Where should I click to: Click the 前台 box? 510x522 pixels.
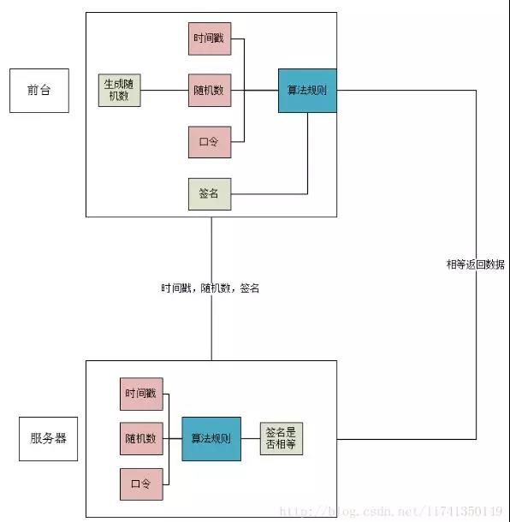tap(39, 91)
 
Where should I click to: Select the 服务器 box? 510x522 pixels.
tap(48, 439)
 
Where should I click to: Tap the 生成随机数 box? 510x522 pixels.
tap(120, 90)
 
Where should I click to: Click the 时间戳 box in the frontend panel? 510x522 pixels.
tap(210, 39)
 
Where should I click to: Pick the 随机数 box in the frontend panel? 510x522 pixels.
tap(210, 90)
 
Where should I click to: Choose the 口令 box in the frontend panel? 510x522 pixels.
tap(210, 142)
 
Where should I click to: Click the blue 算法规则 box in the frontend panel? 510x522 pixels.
tap(307, 91)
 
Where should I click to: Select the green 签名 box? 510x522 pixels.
tap(210, 194)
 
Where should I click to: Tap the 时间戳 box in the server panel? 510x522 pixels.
tap(141, 394)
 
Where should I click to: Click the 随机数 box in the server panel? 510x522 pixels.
tap(141, 439)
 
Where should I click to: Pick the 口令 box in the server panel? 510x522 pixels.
tap(141, 484)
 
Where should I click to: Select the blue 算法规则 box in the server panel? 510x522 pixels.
tap(211, 439)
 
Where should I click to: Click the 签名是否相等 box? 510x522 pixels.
tap(282, 439)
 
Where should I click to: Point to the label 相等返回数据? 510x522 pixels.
tap(476, 264)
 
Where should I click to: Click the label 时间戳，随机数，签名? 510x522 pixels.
tap(210, 288)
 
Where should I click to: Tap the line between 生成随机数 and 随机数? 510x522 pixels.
tap(164, 90)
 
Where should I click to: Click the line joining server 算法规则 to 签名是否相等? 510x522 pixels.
tap(251, 439)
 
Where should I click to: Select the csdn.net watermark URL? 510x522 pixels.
tap(391, 511)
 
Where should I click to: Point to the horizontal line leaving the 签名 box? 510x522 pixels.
tap(270, 194)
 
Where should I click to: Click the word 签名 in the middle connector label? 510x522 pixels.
tap(250, 288)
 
